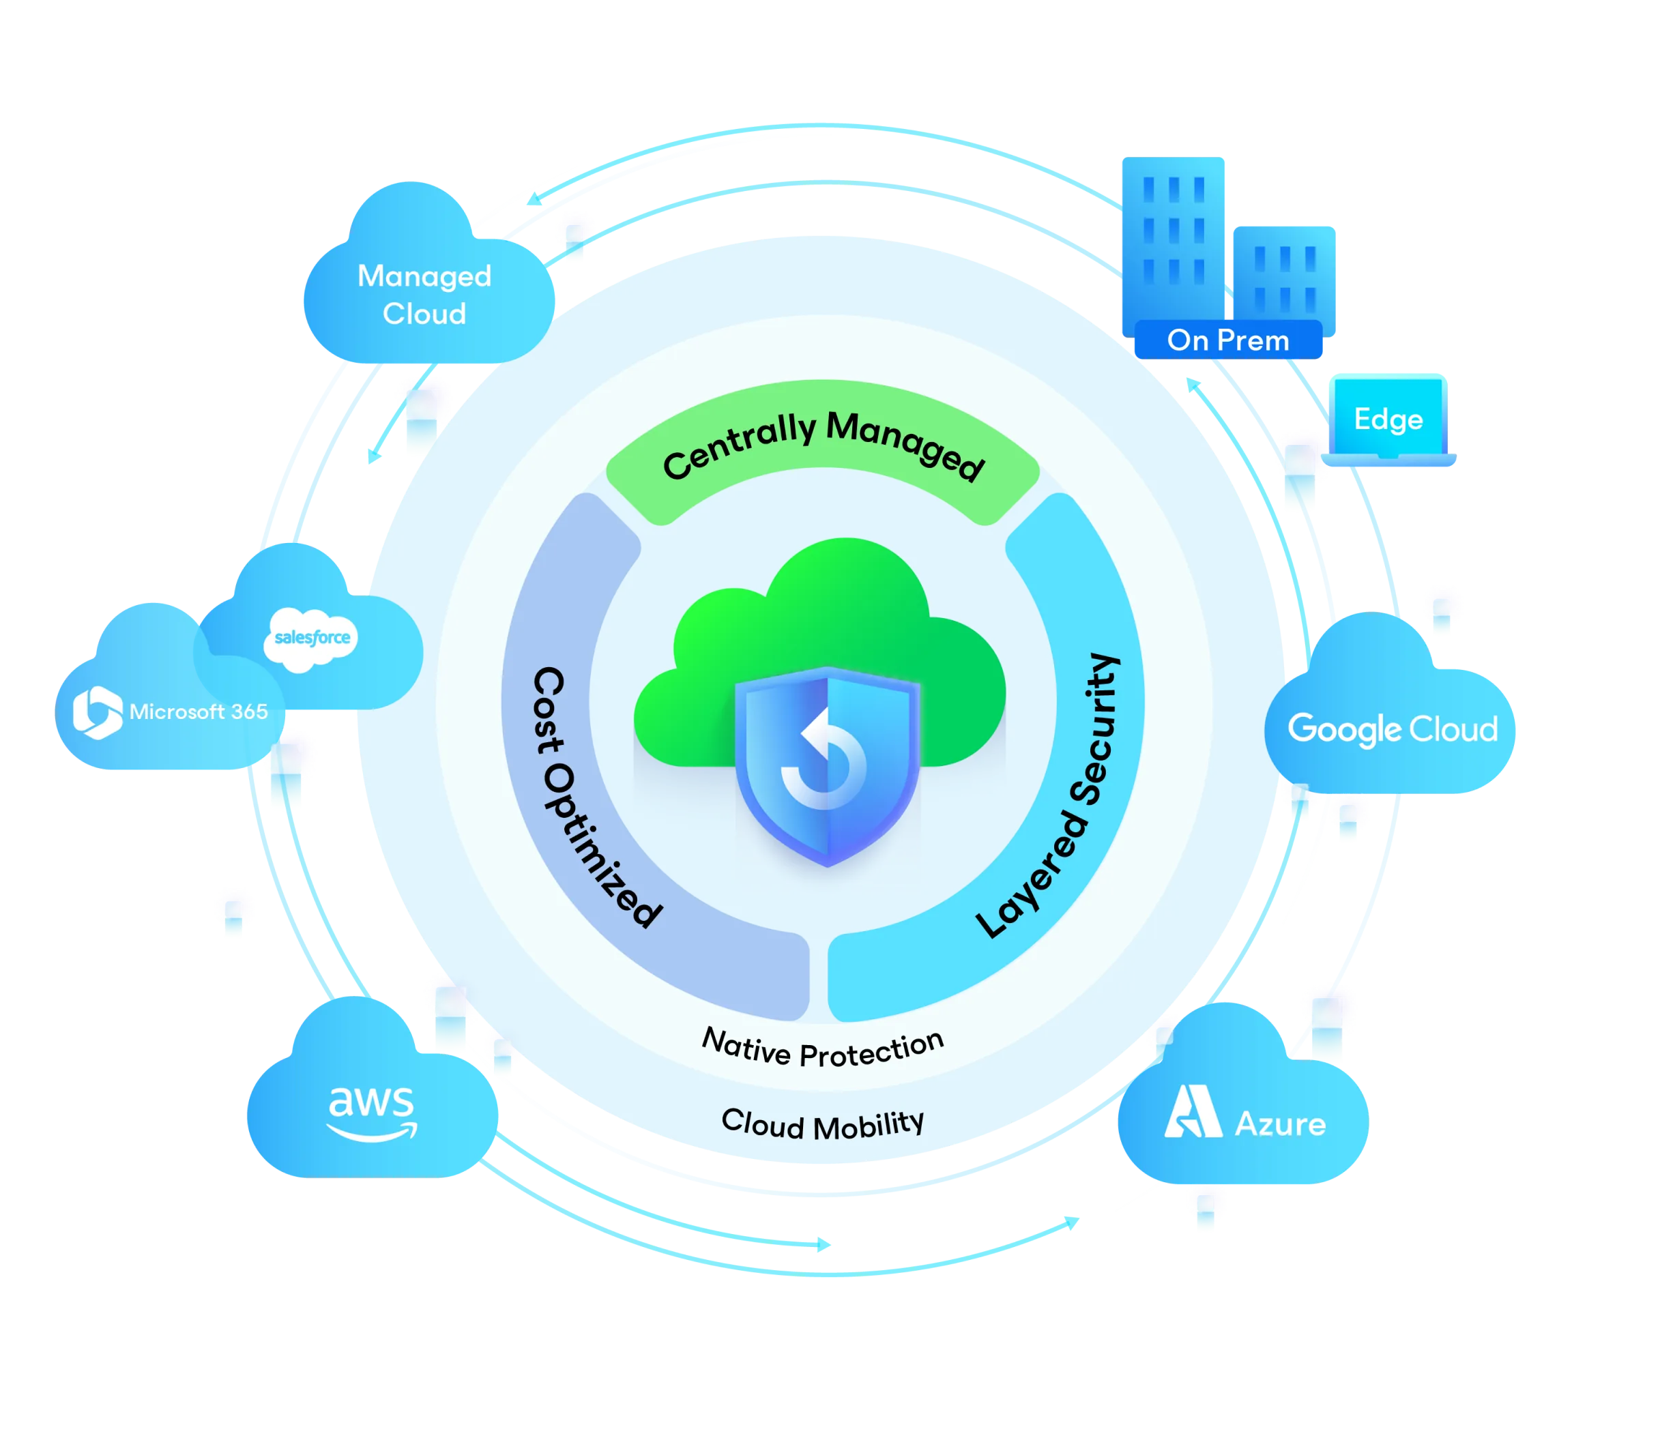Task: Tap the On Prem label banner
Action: (x=1228, y=340)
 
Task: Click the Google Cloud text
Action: (x=1392, y=729)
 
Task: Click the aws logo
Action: (x=372, y=1114)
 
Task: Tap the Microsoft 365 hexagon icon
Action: (x=97, y=712)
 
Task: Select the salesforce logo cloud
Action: (x=311, y=639)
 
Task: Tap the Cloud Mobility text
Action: (x=822, y=1124)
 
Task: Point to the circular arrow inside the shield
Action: (x=825, y=760)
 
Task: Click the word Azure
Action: (x=1281, y=1124)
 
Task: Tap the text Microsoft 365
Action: (x=198, y=712)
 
